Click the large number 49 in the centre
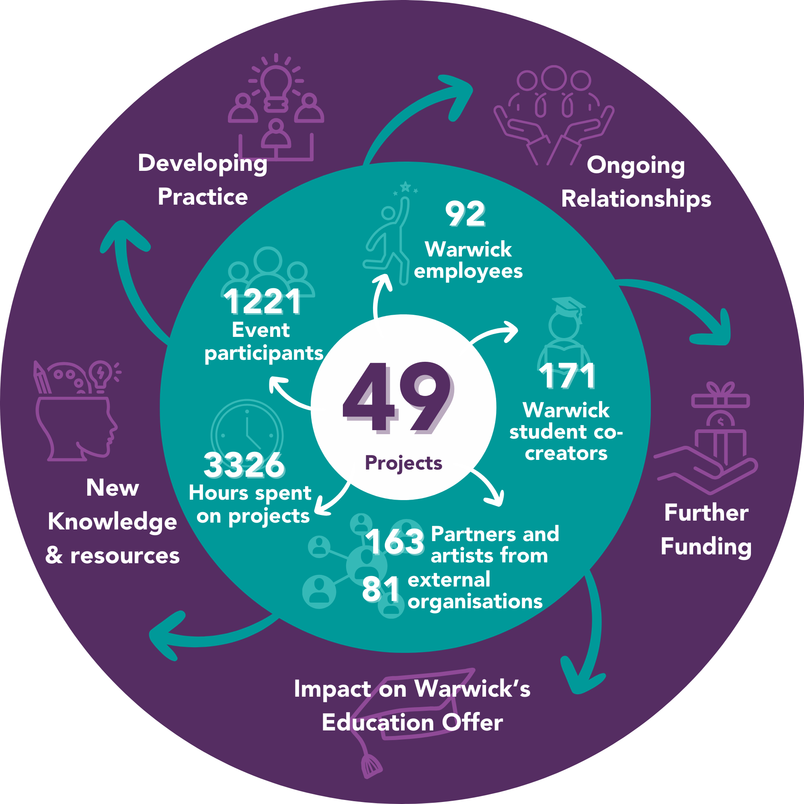(398, 398)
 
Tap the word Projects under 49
(403, 463)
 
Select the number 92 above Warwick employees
(465, 214)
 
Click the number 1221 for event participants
(263, 302)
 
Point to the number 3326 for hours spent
(244, 465)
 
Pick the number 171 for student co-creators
(567, 376)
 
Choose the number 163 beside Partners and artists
(395, 541)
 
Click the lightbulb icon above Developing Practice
(276, 83)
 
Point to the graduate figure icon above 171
(564, 333)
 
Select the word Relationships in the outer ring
(636, 199)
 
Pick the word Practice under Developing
(203, 197)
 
